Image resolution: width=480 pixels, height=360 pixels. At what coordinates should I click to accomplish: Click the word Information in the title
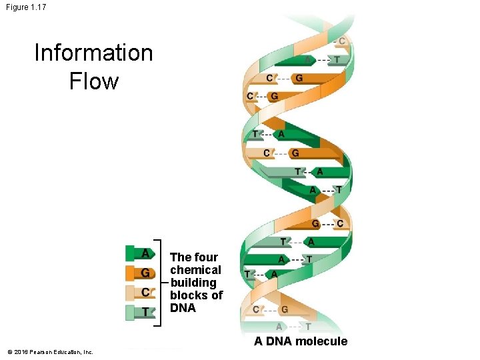(x=93, y=53)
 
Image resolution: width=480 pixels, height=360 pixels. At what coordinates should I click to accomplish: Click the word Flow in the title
(x=93, y=81)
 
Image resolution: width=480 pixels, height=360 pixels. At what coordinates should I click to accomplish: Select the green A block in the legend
(x=140, y=253)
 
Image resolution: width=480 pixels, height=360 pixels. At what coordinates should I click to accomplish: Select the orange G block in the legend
(x=140, y=272)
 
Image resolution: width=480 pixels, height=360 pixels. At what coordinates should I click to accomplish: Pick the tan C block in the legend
(x=140, y=291)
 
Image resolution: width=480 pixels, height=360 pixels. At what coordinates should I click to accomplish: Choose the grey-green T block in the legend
(x=140, y=311)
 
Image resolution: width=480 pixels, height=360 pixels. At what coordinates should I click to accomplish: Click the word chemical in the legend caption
(x=195, y=270)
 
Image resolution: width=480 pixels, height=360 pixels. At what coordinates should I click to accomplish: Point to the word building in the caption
(x=193, y=283)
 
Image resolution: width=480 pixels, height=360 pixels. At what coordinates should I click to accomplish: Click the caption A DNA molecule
(x=300, y=341)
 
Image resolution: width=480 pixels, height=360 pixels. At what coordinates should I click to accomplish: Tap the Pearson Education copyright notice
(x=51, y=352)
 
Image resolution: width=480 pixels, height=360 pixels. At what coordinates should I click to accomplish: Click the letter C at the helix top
(x=342, y=41)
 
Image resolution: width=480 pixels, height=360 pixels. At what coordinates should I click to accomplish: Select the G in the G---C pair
(x=316, y=223)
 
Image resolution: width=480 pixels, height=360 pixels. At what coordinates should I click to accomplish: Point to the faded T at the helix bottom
(x=307, y=327)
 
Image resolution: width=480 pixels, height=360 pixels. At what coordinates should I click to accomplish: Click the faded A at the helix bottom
(x=279, y=327)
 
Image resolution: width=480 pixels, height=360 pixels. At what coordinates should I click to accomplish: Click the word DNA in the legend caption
(x=183, y=308)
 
